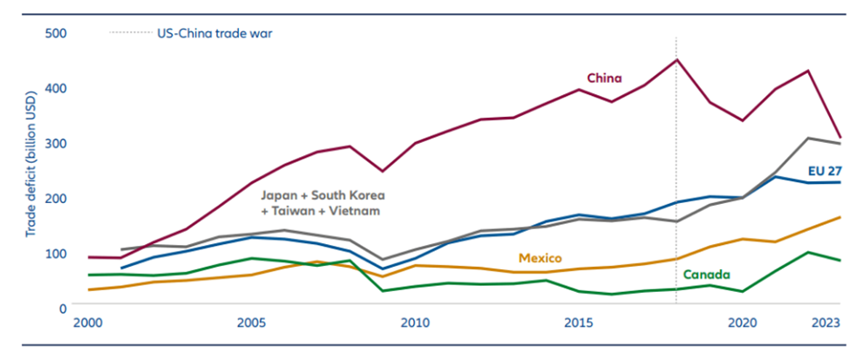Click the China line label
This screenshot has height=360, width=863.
[604, 78]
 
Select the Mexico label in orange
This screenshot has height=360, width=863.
[539, 258]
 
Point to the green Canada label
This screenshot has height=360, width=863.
[706, 275]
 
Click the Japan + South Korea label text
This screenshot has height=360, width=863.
[322, 196]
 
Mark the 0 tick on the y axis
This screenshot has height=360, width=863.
[63, 308]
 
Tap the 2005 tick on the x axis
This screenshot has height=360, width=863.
[252, 323]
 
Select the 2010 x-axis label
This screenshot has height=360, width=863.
[416, 323]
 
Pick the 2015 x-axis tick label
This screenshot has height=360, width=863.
[580, 323]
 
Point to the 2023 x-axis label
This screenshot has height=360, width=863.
[826, 323]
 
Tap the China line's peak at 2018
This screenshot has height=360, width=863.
[677, 59]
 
